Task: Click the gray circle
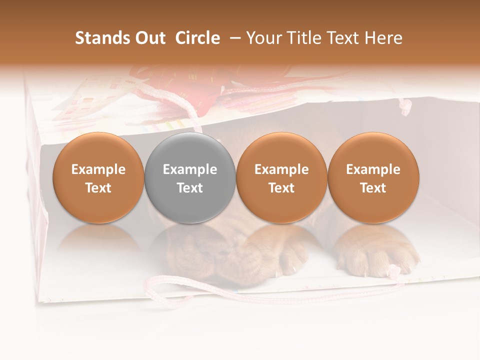coord(189,178)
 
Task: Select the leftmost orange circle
coord(98,178)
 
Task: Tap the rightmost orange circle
coord(373,178)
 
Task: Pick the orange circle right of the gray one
coord(281,178)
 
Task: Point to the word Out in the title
coord(149,38)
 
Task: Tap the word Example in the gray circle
coord(189,169)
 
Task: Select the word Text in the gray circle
coord(189,188)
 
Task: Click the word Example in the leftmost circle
coord(98,169)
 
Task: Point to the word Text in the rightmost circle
coord(373,188)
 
